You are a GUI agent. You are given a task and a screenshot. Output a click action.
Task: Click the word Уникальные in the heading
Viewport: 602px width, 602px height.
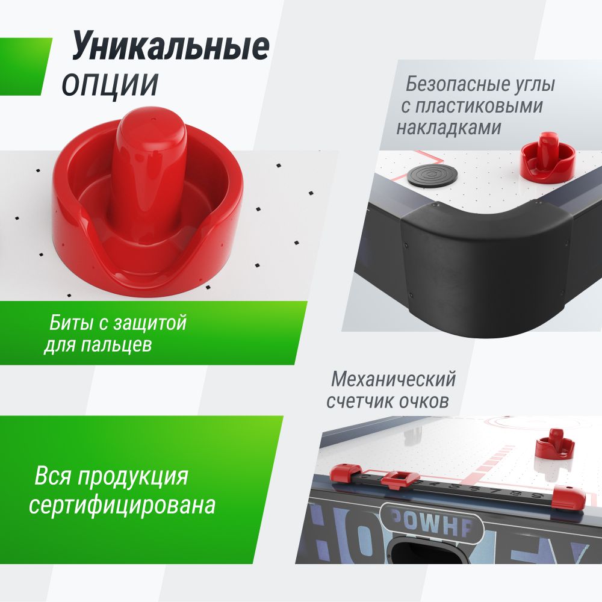tap(170, 48)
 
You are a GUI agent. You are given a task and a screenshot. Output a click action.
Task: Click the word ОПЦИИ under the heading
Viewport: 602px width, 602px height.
tap(110, 84)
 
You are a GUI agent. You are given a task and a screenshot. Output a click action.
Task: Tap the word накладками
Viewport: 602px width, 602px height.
tap(448, 128)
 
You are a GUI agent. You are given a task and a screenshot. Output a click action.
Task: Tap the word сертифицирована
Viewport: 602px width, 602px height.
tap(122, 504)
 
